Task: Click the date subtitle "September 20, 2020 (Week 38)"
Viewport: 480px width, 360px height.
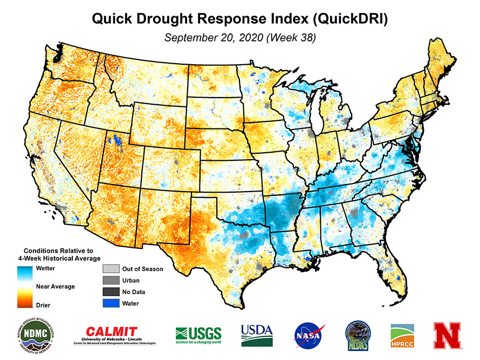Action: coord(240,38)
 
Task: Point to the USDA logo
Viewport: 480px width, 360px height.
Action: coord(257,335)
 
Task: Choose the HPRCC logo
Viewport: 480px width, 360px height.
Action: coord(402,335)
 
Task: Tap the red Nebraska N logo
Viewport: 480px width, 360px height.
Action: coord(447,335)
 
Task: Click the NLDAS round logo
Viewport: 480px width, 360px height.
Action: coord(357,335)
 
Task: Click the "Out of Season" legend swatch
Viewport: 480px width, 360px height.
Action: coord(110,269)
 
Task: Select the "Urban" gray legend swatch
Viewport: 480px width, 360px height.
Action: coord(110,280)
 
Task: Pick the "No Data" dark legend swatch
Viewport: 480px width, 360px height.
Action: coord(110,292)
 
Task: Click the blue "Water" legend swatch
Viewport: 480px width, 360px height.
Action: coord(110,303)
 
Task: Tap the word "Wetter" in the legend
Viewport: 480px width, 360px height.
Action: coord(45,268)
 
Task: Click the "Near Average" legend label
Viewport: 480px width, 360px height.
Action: coord(55,286)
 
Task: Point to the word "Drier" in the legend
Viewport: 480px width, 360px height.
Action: coord(43,305)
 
